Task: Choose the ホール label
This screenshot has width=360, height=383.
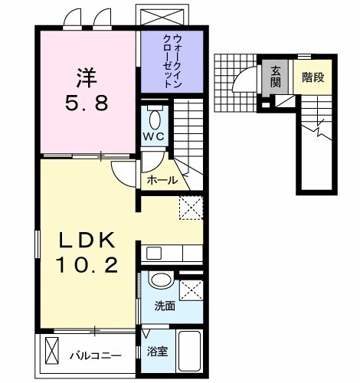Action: coord(162,181)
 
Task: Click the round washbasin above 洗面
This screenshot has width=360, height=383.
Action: coord(160,282)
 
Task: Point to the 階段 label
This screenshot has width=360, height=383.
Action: coord(312,77)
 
